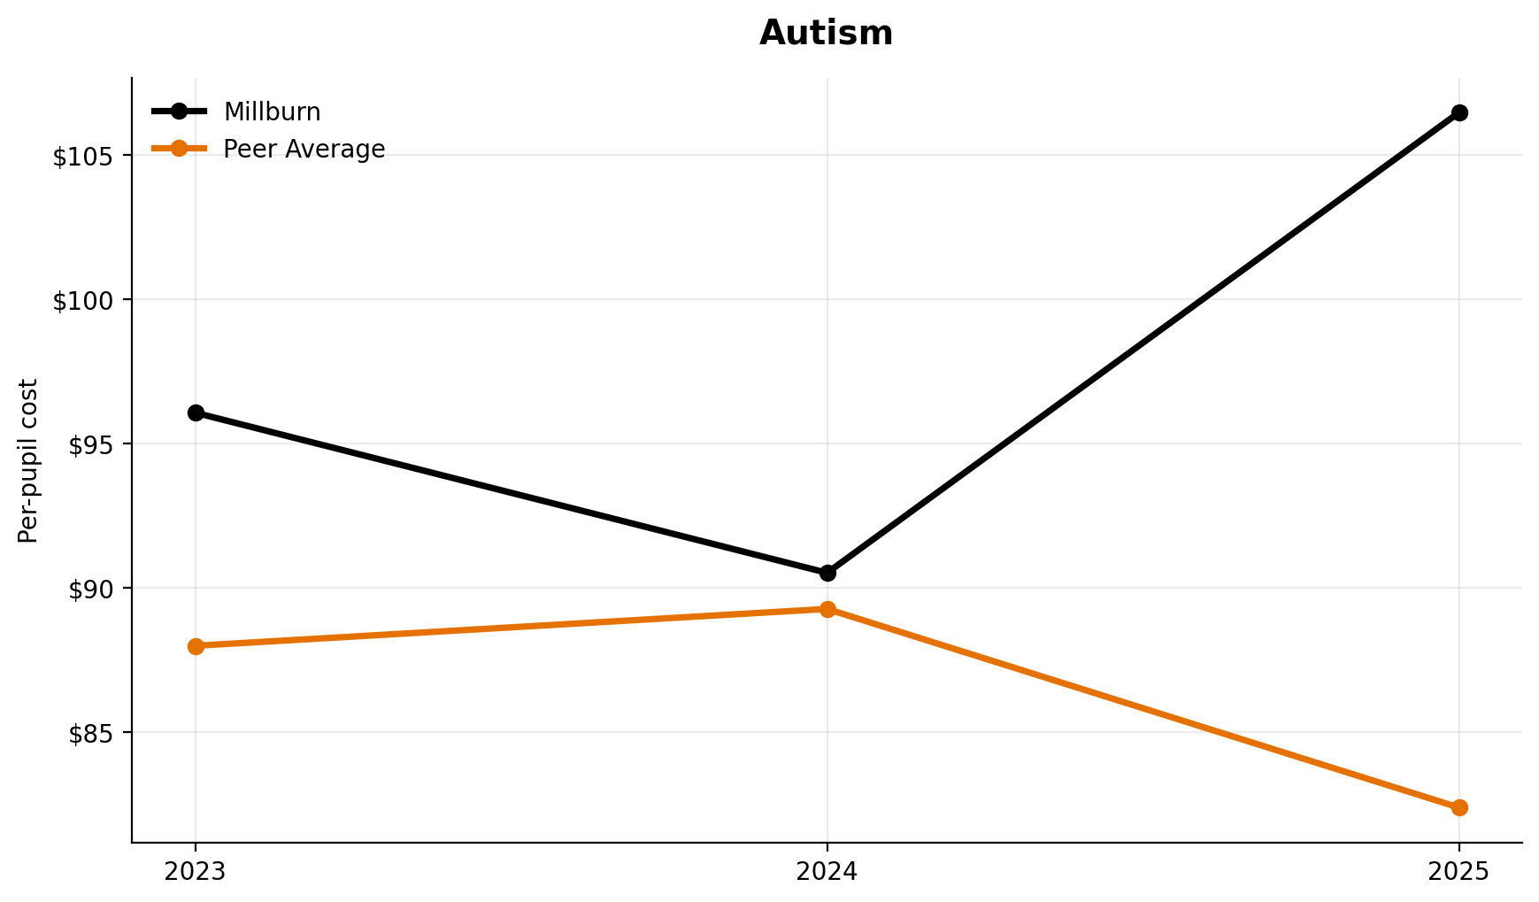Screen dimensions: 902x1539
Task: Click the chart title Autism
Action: click(826, 34)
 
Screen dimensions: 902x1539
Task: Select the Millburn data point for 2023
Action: click(196, 412)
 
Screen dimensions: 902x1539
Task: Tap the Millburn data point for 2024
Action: click(827, 573)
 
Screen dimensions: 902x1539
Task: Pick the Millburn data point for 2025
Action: click(1459, 112)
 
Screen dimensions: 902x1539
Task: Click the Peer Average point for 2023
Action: click(196, 646)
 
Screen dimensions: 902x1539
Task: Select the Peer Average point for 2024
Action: click(827, 609)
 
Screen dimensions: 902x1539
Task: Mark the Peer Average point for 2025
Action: click(1459, 807)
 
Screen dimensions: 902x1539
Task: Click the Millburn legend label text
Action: click(272, 112)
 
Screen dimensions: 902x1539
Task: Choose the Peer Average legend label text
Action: click(304, 150)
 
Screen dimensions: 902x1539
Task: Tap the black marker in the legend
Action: click(179, 112)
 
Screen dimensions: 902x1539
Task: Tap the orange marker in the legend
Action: click(179, 149)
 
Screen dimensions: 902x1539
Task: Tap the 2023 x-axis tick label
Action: click(196, 872)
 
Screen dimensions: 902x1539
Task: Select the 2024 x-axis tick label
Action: click(827, 872)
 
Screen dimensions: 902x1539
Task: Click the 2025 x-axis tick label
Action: click(1459, 872)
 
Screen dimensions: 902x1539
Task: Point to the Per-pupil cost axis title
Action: click(28, 460)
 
